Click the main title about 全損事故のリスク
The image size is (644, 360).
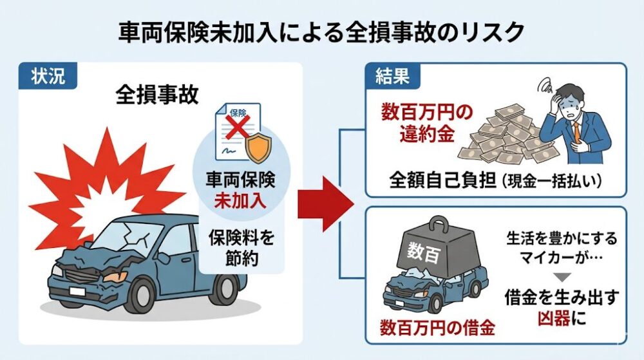coord(321,32)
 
